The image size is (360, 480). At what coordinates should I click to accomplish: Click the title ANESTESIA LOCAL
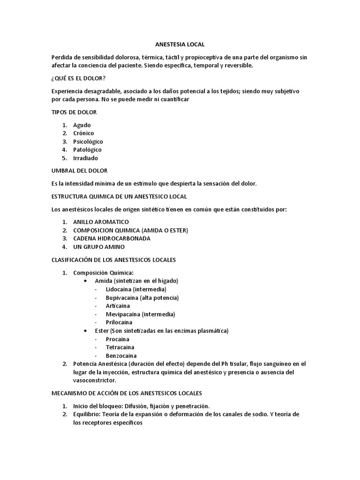coord(180,45)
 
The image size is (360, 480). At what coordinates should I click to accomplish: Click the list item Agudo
coord(82,125)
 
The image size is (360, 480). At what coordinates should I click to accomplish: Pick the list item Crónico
coord(83,133)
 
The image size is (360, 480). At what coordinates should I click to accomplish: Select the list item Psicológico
coord(88,142)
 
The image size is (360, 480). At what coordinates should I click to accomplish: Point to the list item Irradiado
coord(86,158)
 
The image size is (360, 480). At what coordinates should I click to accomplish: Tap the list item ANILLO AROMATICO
coord(101,222)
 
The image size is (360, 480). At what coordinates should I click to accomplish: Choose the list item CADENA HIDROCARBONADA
coord(112,238)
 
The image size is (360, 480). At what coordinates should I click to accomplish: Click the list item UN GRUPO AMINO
coord(99,247)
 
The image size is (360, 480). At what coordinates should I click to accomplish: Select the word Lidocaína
coord(119,289)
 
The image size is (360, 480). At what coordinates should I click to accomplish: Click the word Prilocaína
coord(119,322)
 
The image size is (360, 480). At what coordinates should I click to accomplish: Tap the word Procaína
coord(118,339)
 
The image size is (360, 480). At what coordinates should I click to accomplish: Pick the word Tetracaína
coord(120,347)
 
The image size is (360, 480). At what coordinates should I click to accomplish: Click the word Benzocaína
coord(121,356)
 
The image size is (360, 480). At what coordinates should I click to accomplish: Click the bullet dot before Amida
coord(85,281)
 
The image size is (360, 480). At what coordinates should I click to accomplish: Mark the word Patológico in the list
coord(87,150)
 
